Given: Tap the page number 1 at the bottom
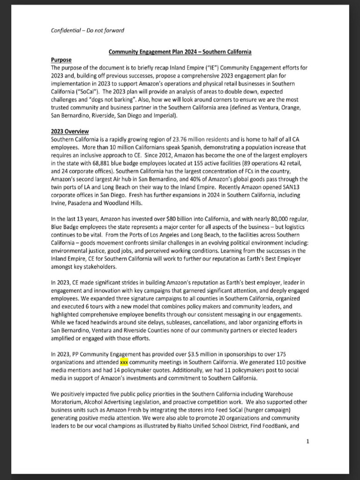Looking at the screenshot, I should point(307,441).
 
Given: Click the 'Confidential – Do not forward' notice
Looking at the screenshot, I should point(87,31).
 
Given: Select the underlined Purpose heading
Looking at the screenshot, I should point(61,60).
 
